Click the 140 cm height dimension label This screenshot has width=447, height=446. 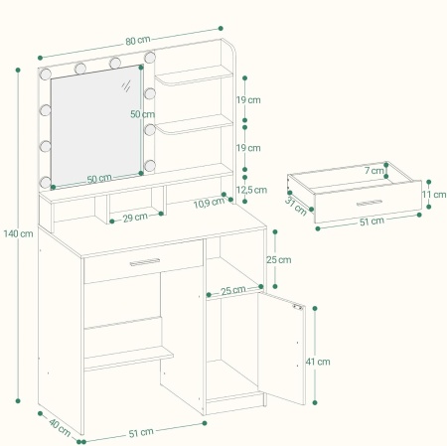[18, 233]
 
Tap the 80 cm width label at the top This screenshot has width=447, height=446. [138, 41]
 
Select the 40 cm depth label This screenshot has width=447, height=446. [60, 427]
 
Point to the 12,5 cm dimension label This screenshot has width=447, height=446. [251, 190]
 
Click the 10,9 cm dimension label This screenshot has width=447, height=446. [209, 203]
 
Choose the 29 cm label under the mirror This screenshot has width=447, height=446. [135, 218]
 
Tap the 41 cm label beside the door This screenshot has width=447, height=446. [318, 362]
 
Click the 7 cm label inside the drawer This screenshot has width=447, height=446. [374, 171]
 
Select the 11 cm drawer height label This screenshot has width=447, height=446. [434, 195]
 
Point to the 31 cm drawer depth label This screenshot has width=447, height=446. [296, 206]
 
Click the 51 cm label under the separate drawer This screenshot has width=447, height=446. [372, 222]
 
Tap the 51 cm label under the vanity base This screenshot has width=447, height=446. [141, 433]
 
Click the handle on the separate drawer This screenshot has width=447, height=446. [370, 203]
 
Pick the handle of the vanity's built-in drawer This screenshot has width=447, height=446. [145, 262]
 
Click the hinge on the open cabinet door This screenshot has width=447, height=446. [298, 307]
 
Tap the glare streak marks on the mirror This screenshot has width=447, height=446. [126, 85]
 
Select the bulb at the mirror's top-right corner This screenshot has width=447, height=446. [150, 57]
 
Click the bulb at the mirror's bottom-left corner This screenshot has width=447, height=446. [46, 182]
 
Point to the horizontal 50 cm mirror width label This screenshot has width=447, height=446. [99, 179]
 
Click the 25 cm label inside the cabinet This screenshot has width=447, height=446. [233, 291]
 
